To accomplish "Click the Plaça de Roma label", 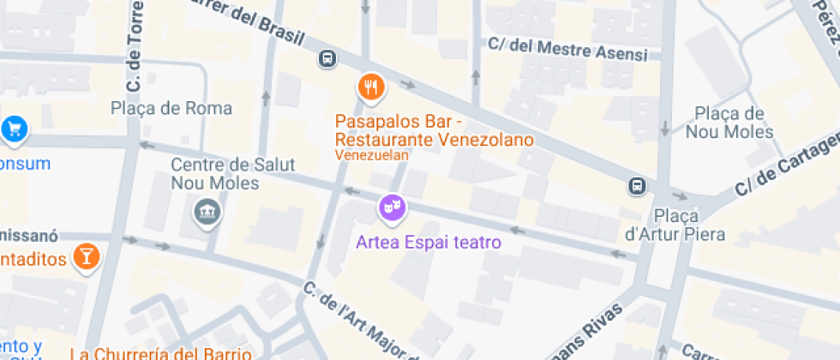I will (x=171, y=108).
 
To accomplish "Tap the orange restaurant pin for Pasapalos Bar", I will (x=371, y=86).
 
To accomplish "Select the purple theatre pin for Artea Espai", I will (x=393, y=207).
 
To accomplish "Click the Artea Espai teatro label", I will (x=429, y=243).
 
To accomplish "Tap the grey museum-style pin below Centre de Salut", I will (x=207, y=209).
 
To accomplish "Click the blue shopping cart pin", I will (x=14, y=129).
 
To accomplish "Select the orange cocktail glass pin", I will (x=86, y=255).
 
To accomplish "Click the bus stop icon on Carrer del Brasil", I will (x=327, y=58).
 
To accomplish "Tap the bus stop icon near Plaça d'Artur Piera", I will (x=637, y=185).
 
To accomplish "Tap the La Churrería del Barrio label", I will (x=160, y=353).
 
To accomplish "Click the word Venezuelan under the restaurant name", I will (x=371, y=156).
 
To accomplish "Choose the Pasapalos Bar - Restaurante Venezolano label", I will (x=434, y=129).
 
